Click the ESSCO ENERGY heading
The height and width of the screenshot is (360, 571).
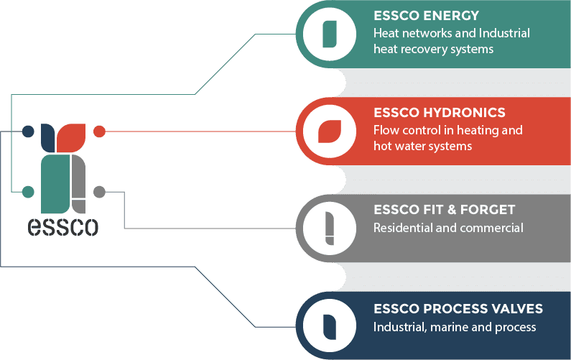(426, 16)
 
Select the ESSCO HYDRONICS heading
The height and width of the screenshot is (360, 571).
(440, 113)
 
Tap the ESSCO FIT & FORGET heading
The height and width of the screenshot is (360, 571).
(444, 210)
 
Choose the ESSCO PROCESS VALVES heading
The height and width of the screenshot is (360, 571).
(458, 309)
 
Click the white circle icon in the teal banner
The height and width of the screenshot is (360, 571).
(330, 34)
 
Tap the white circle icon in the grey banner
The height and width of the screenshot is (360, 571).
(330, 229)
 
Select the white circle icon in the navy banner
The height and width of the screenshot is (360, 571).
(330, 326)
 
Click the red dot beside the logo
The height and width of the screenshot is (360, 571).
(100, 131)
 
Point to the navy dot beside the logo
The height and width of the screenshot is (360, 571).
(28, 131)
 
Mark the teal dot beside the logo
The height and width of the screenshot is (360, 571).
(28, 192)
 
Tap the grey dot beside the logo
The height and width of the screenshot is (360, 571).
(100, 192)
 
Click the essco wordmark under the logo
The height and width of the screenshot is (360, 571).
(63, 226)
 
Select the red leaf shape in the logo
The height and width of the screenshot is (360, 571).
(73, 137)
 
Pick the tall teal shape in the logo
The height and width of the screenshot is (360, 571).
(54, 183)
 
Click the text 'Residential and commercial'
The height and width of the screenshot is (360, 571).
(447, 228)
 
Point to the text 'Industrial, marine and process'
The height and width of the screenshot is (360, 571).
(454, 327)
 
